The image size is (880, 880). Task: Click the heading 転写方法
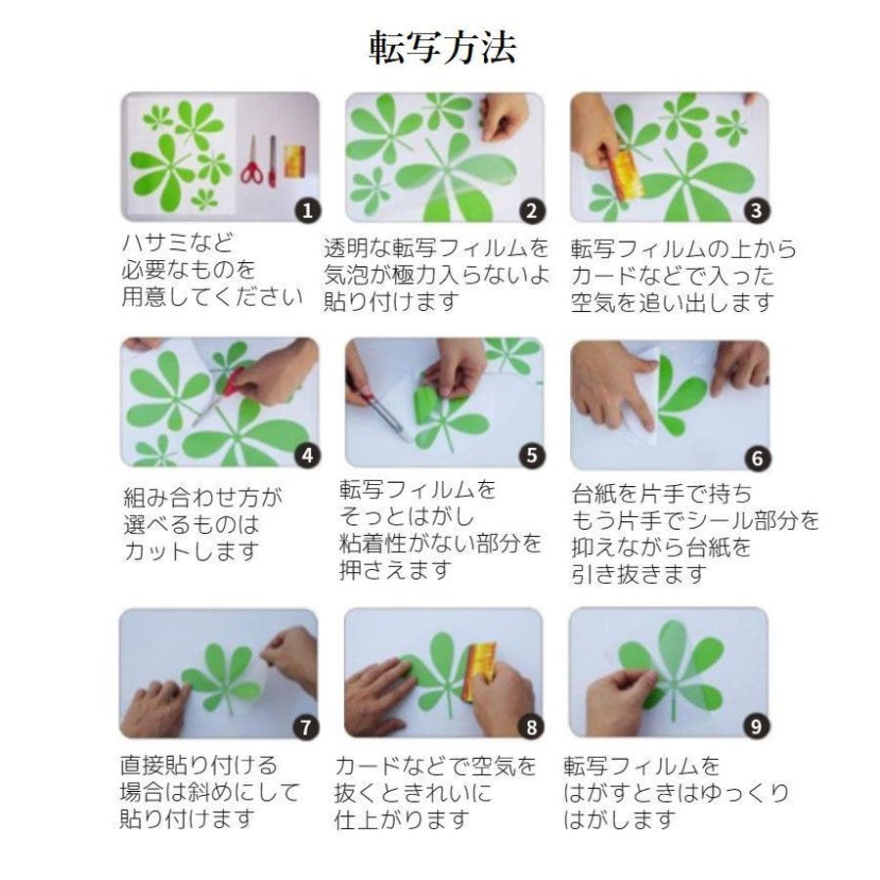442,48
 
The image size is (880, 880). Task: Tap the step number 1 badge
308,210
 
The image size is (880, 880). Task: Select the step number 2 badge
532,210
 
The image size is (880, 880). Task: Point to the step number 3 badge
757,210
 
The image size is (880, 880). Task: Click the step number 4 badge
308,455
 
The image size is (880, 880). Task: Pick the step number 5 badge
532,455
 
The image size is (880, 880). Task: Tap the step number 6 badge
758,458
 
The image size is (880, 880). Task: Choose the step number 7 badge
306,727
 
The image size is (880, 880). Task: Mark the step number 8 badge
531,727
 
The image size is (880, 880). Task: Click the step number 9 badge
757,726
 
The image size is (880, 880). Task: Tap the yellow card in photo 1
294,161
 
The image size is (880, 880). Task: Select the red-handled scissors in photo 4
220,396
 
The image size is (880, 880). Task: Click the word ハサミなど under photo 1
177,243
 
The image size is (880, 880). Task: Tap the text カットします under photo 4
192,551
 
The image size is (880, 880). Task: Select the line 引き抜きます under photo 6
639,574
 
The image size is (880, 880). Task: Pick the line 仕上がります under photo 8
402,820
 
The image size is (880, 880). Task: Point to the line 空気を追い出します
673,302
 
